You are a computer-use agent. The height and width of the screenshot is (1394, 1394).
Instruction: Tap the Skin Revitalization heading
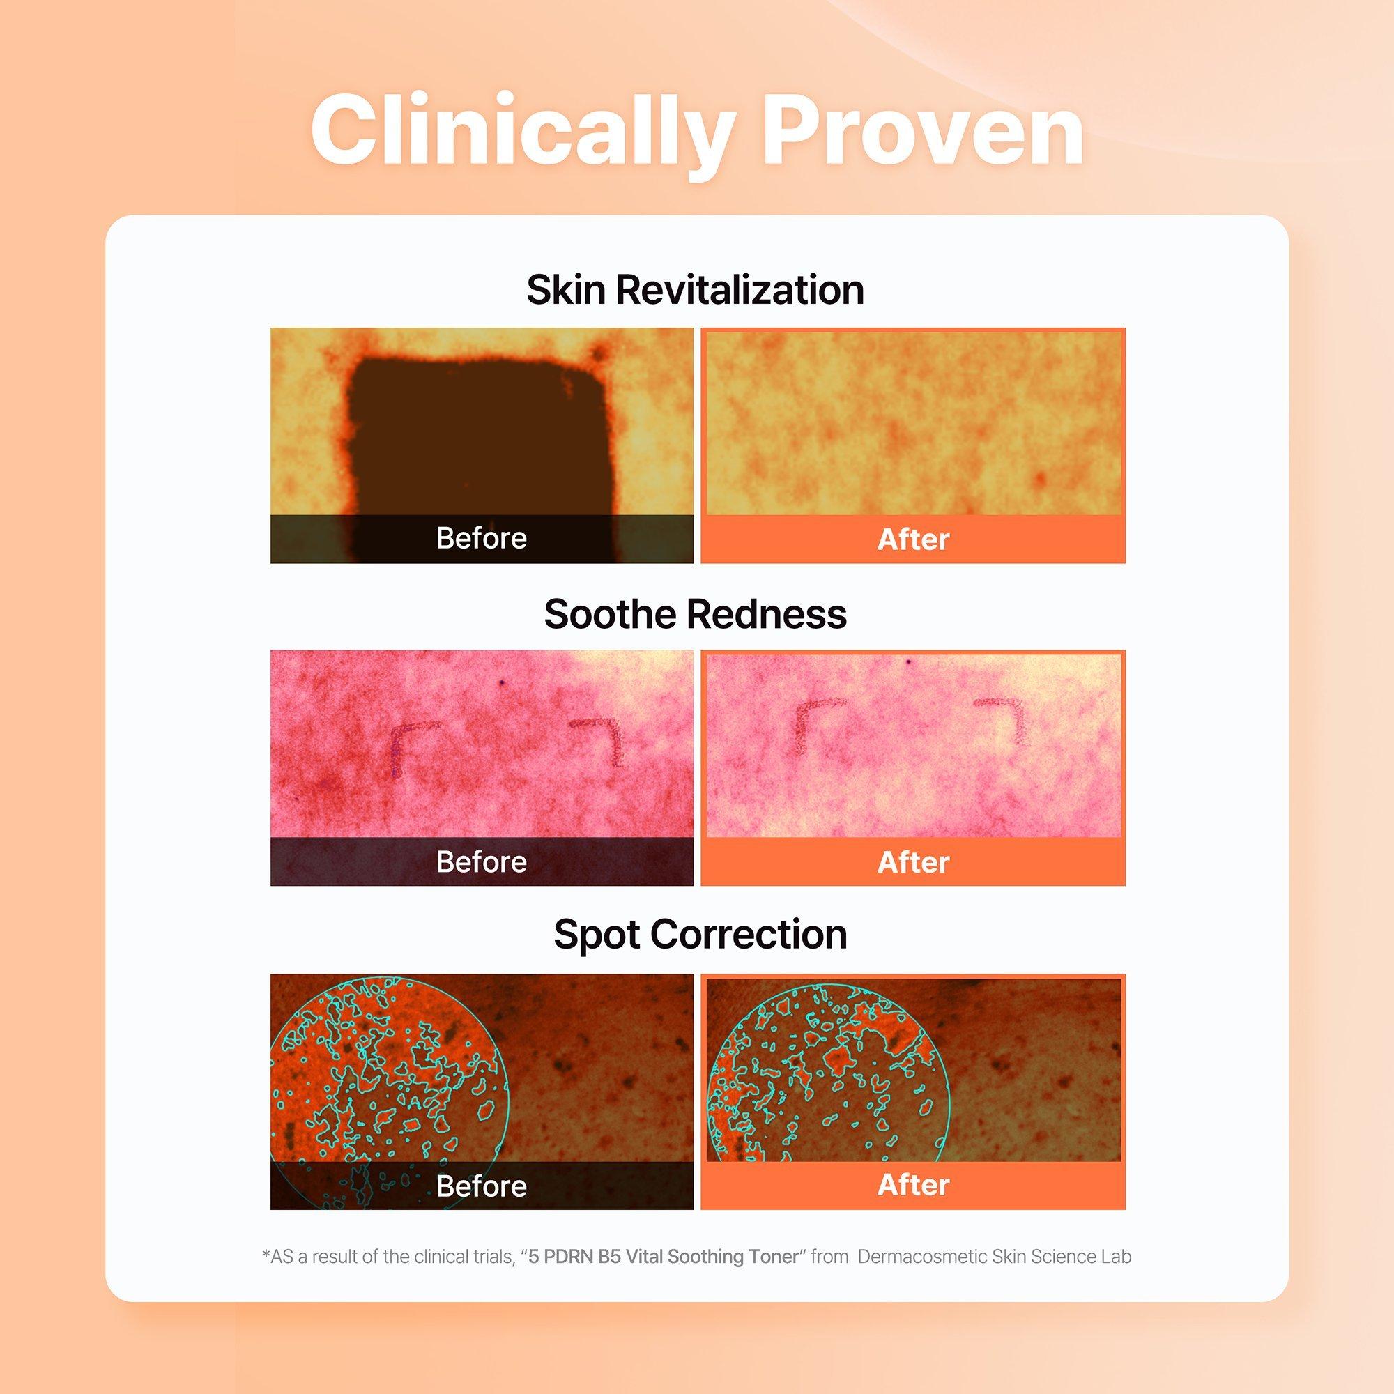696,290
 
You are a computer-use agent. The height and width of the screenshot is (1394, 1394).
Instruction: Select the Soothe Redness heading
696,614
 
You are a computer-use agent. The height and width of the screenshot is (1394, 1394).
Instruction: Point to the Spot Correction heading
700,935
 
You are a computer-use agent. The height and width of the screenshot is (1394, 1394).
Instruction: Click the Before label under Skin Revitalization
481,538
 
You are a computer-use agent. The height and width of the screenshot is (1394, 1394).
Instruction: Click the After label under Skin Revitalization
913,539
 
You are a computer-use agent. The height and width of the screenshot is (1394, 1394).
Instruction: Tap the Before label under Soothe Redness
481,862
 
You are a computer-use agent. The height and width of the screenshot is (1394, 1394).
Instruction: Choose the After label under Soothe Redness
913,863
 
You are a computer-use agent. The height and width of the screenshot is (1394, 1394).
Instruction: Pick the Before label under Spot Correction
481,1186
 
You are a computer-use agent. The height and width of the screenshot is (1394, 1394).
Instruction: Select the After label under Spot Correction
913,1185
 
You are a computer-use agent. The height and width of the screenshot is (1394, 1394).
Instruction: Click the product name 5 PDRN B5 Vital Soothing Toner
664,1256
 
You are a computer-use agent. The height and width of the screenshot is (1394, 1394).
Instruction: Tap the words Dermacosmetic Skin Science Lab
995,1256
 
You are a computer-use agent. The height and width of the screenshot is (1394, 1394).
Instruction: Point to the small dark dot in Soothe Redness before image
501,680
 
